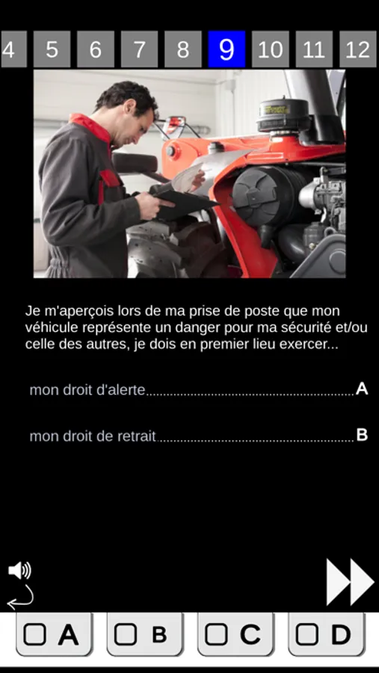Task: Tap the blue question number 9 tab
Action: point(227,49)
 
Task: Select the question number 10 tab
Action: point(271,49)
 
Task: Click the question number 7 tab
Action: point(139,49)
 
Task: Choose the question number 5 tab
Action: point(52,49)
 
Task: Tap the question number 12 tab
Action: point(357,49)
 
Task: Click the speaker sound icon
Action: point(19,571)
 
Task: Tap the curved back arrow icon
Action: point(20,597)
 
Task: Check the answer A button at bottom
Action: point(54,634)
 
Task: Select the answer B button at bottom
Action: point(145,634)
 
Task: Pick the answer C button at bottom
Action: point(235,634)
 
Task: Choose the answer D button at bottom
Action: point(326,634)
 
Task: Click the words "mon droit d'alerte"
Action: point(87,390)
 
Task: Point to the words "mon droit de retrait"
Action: point(93,436)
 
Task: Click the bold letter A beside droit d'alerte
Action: point(362,389)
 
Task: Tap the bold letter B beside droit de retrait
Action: point(363,435)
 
